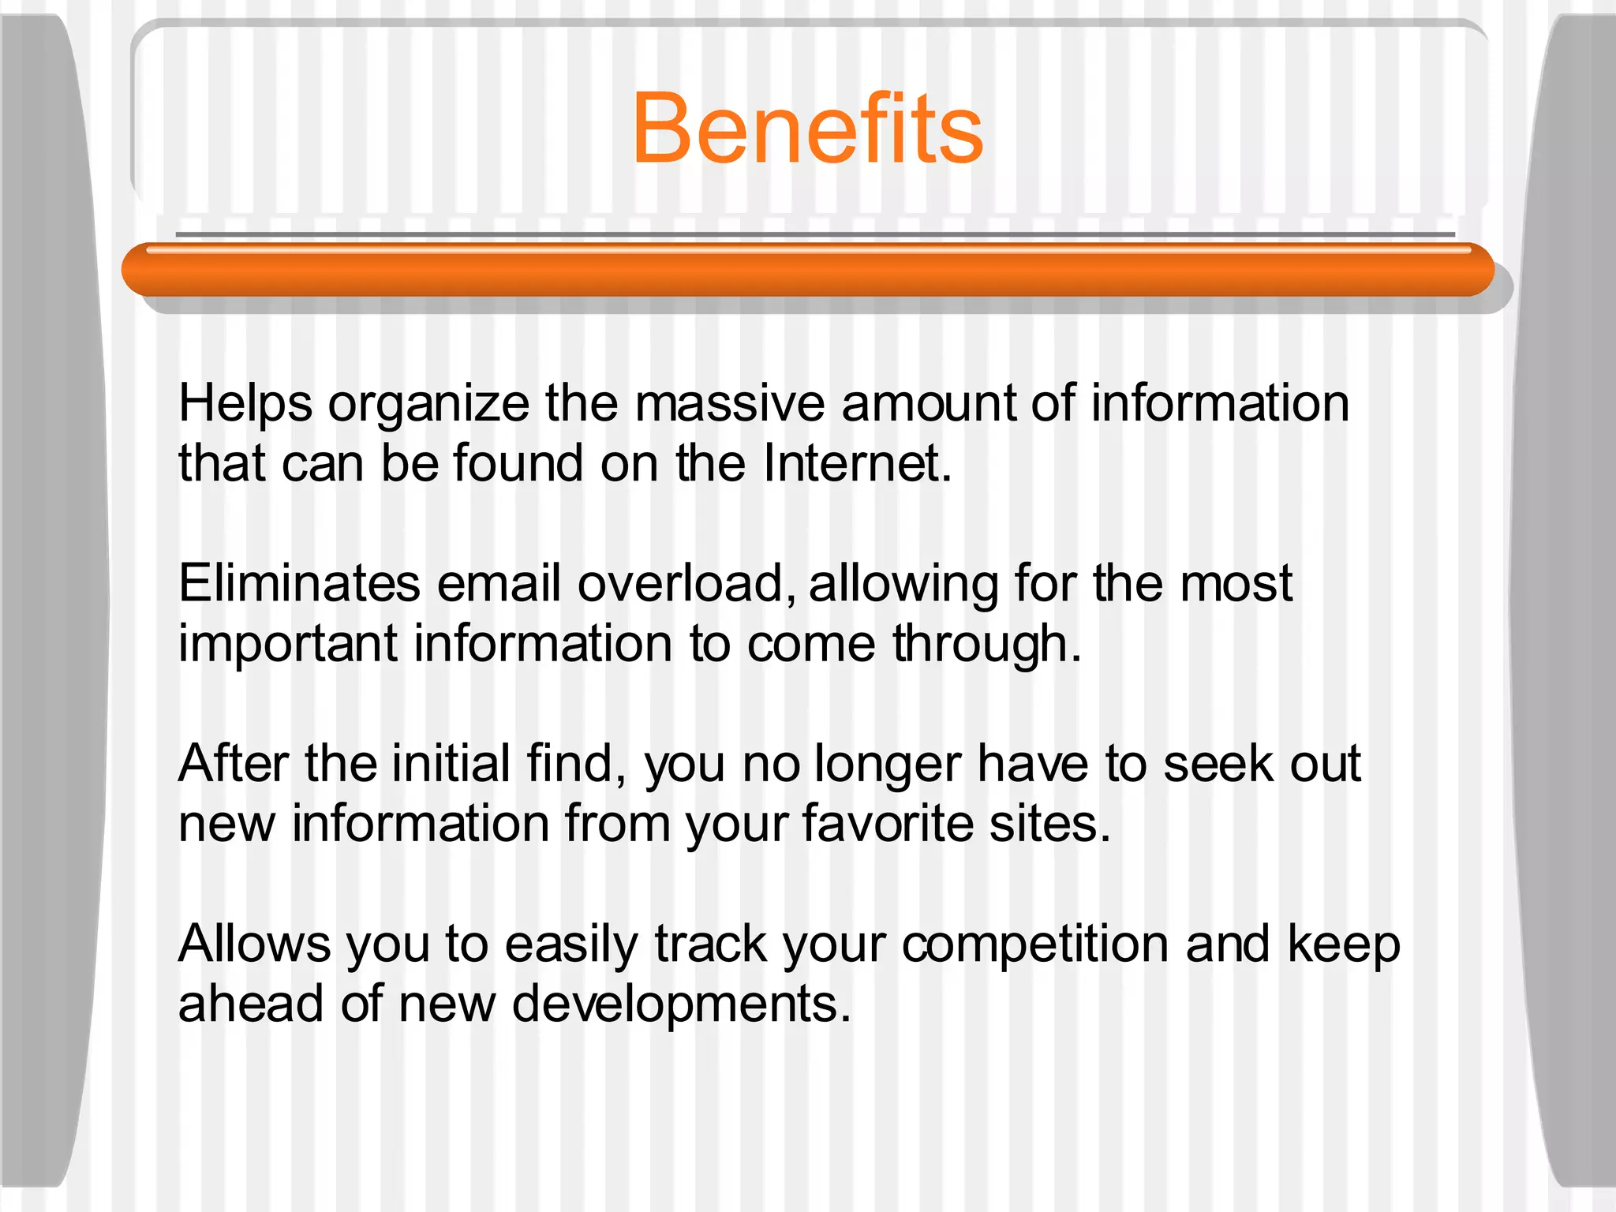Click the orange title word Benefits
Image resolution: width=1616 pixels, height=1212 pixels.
(807, 129)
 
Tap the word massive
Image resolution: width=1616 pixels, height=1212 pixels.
(730, 404)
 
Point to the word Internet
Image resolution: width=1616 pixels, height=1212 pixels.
(857, 463)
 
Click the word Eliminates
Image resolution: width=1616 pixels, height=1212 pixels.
(299, 584)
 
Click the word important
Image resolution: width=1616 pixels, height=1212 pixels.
(288, 645)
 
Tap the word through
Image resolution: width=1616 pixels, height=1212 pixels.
(986, 645)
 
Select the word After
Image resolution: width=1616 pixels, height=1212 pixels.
(234, 764)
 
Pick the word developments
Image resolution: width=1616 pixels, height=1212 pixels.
(682, 1004)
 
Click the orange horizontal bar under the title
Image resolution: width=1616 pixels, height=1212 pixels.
(807, 271)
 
